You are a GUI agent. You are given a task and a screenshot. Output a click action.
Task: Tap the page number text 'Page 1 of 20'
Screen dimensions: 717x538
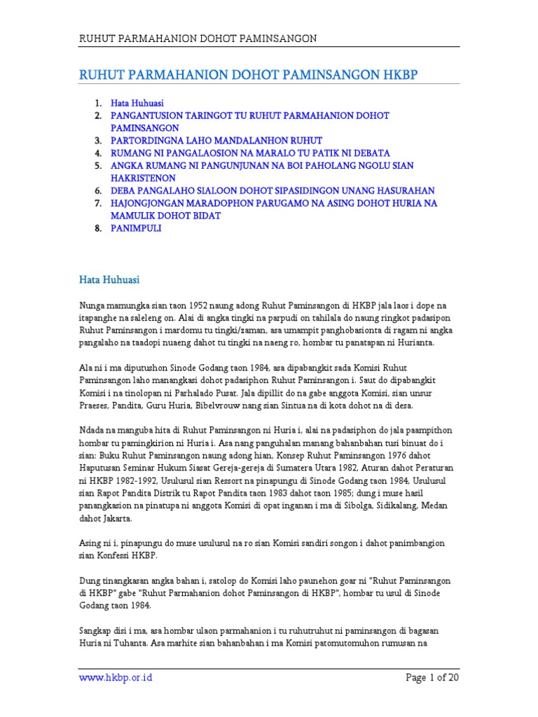[x=432, y=678]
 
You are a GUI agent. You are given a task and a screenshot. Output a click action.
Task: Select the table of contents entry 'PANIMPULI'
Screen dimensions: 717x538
[x=136, y=228]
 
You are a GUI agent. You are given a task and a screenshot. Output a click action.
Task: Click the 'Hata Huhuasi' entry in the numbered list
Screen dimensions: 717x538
[x=137, y=102]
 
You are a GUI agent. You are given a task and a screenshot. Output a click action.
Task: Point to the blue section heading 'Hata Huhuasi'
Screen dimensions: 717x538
[x=109, y=280]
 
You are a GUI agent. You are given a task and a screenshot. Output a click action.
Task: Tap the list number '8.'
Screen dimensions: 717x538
[x=99, y=228]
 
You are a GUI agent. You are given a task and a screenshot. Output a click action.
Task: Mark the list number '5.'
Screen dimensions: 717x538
[x=99, y=165]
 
